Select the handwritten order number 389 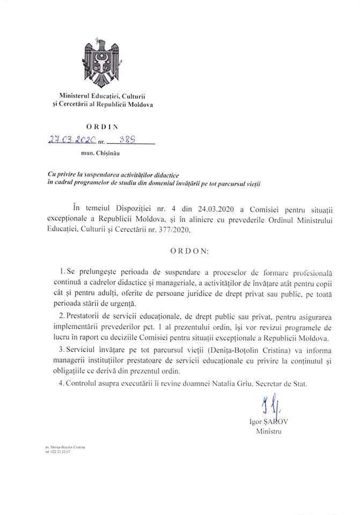127,140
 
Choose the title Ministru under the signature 268,431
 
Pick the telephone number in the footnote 58,452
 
